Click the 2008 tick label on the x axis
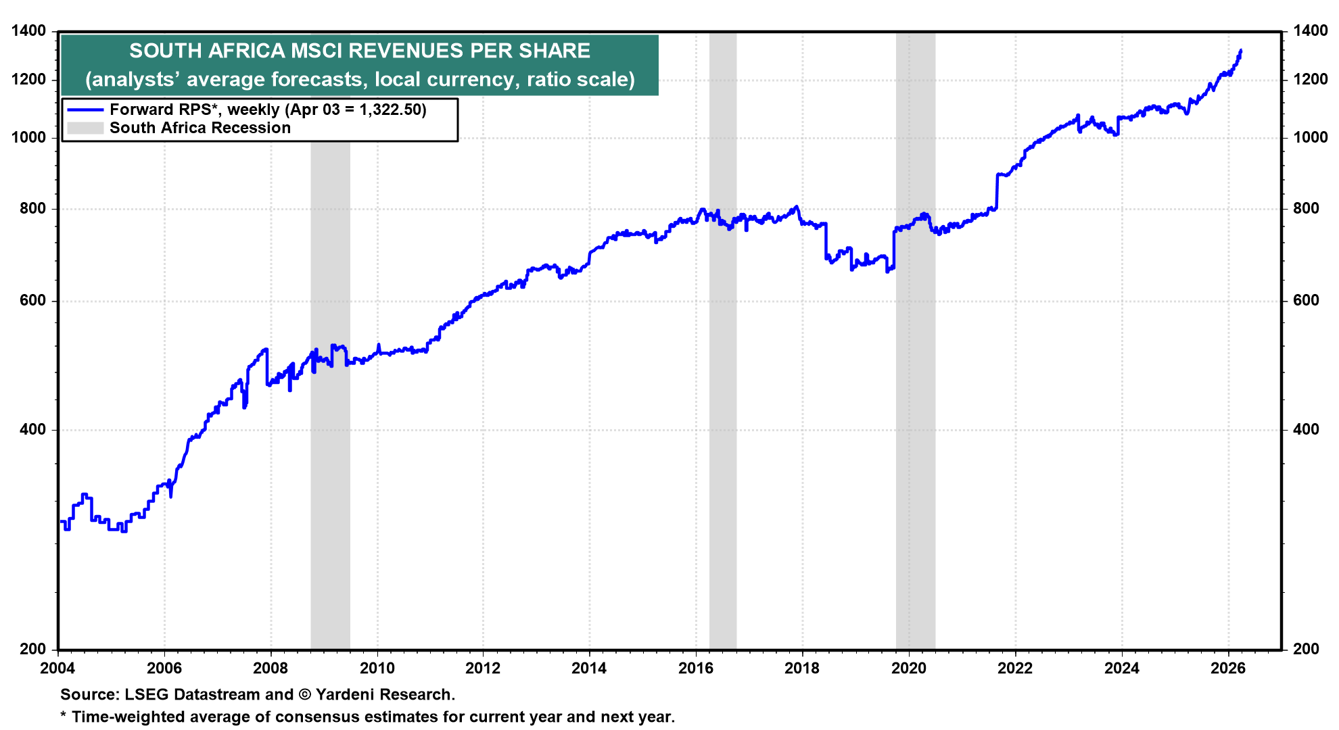(x=271, y=668)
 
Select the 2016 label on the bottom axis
(x=696, y=668)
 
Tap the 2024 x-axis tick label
(x=1122, y=668)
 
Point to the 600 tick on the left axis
(x=32, y=301)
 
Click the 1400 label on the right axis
(x=1310, y=30)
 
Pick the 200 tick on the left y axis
(x=32, y=649)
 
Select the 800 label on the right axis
(x=1306, y=208)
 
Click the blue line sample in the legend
(x=85, y=109)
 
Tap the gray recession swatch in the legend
(x=85, y=128)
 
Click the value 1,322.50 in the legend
(x=390, y=109)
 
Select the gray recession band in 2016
(x=722, y=406)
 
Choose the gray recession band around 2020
(x=915, y=406)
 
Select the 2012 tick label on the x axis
(x=483, y=668)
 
